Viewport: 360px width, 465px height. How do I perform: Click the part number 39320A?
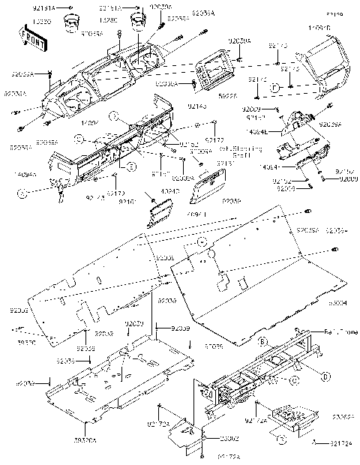tap(86, 441)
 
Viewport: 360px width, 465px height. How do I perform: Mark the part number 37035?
tap(214, 347)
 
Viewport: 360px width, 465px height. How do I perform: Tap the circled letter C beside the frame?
tap(294, 380)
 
